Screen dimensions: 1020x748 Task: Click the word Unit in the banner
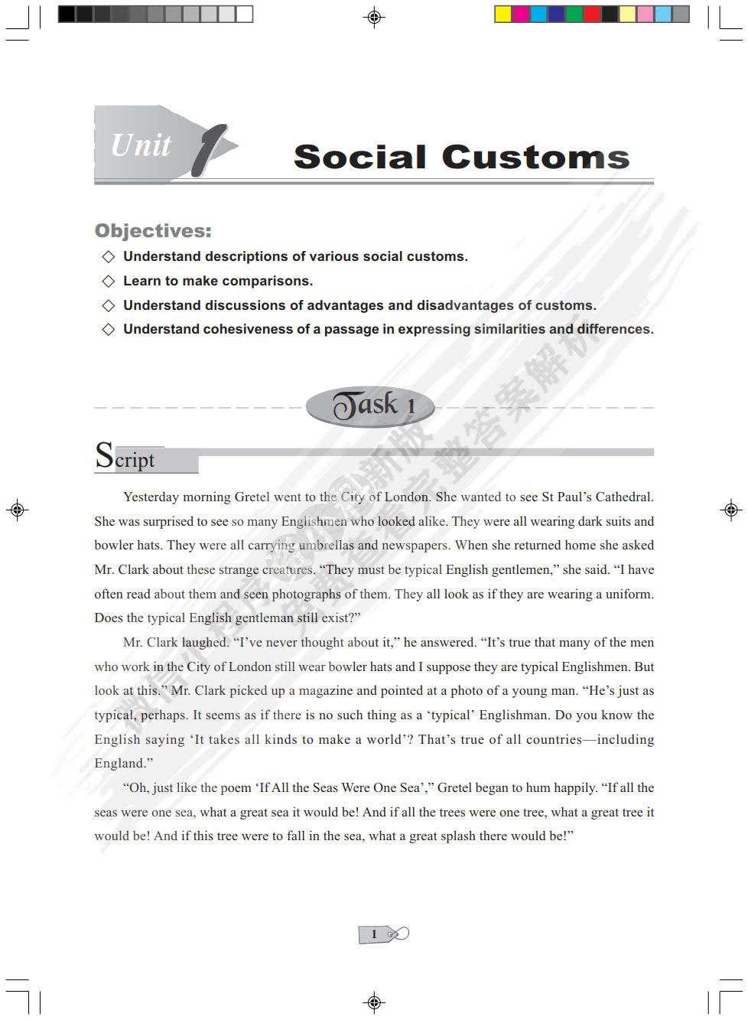coord(141,145)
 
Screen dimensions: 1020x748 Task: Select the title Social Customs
coord(461,157)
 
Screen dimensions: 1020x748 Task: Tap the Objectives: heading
coord(153,230)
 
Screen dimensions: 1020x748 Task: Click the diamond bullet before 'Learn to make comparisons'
coord(109,281)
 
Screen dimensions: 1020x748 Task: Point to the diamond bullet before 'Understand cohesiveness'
coord(109,329)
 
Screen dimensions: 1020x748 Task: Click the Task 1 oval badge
coord(371,406)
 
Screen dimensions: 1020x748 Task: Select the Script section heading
coord(125,457)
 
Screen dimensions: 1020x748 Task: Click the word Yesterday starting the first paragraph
coord(151,497)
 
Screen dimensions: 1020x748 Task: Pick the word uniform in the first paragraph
coord(629,594)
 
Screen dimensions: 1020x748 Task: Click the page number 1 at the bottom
coord(374,934)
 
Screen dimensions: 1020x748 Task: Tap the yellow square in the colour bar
coord(503,14)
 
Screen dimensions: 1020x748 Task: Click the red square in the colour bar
coord(592,14)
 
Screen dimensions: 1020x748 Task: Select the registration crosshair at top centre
coord(374,17)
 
